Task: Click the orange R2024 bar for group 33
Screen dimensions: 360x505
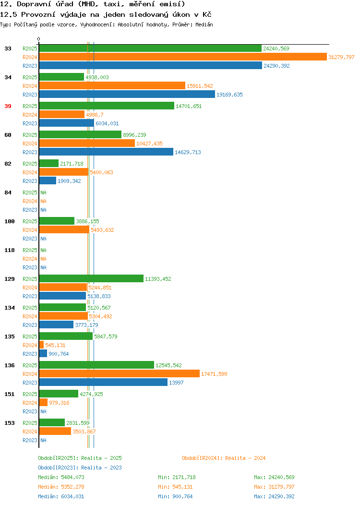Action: tap(183, 57)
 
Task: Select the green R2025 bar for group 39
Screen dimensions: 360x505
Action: tap(107, 106)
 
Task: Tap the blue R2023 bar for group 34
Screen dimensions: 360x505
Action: tap(127, 95)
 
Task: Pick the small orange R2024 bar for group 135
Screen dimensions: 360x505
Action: tap(41, 345)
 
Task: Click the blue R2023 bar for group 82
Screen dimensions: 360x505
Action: tap(48, 180)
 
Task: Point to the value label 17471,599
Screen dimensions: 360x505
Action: tap(214, 374)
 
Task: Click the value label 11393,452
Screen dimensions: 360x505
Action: tap(158, 279)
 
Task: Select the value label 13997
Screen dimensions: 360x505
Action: tap(176, 383)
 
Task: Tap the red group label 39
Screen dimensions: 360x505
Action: tap(8, 106)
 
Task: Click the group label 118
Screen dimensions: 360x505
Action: tap(10, 250)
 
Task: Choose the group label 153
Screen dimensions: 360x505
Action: tap(10, 423)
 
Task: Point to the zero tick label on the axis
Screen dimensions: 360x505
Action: tap(39, 39)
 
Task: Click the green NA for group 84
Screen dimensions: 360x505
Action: tap(44, 192)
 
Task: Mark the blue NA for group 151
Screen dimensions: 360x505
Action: tap(44, 411)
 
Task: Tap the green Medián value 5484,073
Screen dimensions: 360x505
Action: tap(72, 477)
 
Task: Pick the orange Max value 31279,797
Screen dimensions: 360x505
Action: tap(281, 487)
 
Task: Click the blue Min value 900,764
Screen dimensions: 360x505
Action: tap(182, 497)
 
